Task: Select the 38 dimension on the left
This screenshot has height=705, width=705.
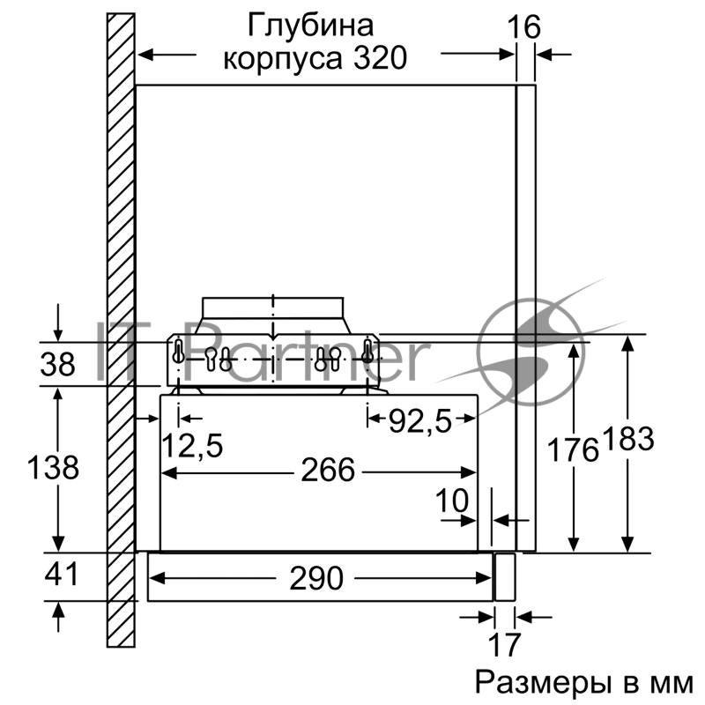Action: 59,364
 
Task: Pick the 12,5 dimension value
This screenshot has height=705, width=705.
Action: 191,444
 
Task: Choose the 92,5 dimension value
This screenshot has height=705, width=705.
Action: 420,422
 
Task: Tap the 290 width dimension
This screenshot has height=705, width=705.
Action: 315,579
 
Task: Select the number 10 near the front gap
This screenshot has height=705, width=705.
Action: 452,500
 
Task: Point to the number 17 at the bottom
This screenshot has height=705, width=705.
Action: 504,644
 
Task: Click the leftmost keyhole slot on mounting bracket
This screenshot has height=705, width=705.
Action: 178,352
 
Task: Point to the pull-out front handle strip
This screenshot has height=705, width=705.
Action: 504,577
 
